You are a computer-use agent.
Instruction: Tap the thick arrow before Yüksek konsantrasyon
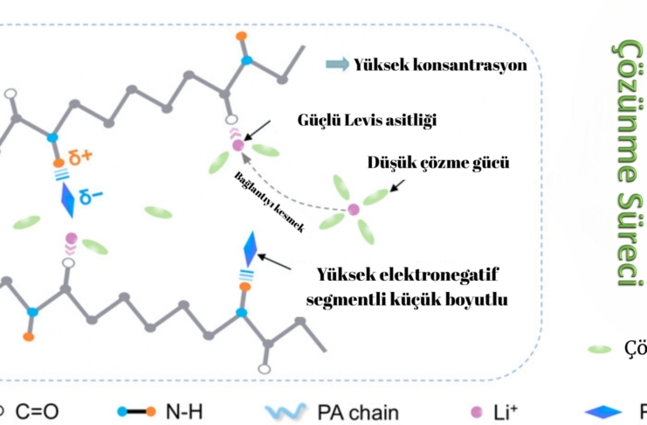point(336,64)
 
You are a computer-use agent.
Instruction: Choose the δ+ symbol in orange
point(80,159)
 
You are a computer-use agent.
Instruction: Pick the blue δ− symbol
point(91,199)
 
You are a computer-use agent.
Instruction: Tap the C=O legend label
point(34,410)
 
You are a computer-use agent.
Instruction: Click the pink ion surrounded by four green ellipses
point(354,209)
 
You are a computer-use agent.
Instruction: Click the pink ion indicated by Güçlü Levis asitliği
point(237,145)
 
